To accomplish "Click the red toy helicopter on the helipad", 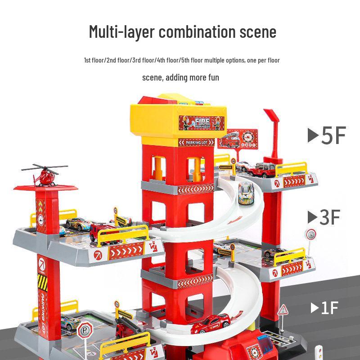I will tap(45, 176).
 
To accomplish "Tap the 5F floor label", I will tap(333, 135).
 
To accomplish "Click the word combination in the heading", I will tap(197, 32).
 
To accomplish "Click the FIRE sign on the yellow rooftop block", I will tap(201, 121).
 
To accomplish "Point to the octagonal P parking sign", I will tap(83, 332).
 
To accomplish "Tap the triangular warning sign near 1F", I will tap(283, 310).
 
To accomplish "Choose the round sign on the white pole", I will tap(310, 234).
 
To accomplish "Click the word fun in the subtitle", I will tap(213, 77).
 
